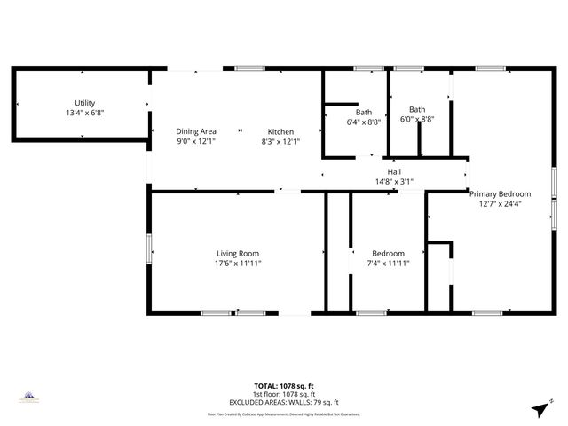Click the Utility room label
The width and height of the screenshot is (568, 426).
coord(85,103)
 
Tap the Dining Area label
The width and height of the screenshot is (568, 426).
coord(196,131)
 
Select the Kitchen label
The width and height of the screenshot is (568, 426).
coord(280,131)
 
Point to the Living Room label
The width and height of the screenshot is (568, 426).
coord(238,254)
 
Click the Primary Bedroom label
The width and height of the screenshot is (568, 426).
coord(501,193)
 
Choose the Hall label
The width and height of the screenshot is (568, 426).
coord(394,172)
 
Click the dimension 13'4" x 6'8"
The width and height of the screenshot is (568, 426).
coord(85,113)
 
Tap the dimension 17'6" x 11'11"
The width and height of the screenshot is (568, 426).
coord(238,264)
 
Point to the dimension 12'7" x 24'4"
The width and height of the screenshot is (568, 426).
coord(501,203)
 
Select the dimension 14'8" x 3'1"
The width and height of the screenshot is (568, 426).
coord(394,182)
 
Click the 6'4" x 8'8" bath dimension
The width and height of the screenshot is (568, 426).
coord(364,122)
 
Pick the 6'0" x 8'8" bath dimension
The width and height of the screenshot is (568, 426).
coord(416,119)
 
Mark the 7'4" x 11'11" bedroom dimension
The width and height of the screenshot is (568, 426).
coord(389,264)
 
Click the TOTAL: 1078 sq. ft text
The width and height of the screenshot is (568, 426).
coord(284,386)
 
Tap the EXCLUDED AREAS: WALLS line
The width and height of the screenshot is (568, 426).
coord(284,402)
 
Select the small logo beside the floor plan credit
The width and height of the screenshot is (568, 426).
coord(28,396)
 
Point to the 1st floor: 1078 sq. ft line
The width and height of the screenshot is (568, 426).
coord(284,394)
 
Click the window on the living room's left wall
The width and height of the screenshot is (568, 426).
coord(149,248)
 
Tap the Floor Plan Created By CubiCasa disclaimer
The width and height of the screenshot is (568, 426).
coord(284,414)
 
